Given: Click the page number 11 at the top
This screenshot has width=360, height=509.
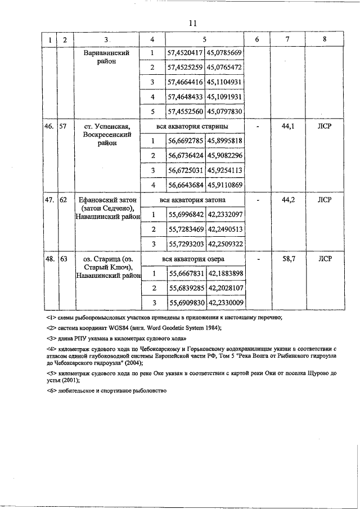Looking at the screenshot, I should tap(192, 23).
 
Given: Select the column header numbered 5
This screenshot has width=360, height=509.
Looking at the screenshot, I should tap(205, 40).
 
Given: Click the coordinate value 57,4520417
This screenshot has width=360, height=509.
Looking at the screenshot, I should tap(186, 53).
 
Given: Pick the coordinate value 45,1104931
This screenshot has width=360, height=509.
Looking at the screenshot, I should tap(225, 82).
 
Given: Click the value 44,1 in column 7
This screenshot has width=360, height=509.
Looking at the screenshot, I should tap(288, 127).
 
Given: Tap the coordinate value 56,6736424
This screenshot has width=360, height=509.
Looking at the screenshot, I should tap(186, 155).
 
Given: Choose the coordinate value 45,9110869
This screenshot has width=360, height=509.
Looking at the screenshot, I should tap(225, 184).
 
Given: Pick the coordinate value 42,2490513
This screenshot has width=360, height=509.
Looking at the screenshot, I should tap(225, 229).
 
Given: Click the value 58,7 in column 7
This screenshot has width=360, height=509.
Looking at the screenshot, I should tap(288, 259).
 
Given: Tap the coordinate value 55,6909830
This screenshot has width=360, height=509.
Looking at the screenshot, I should tap(186, 303).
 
